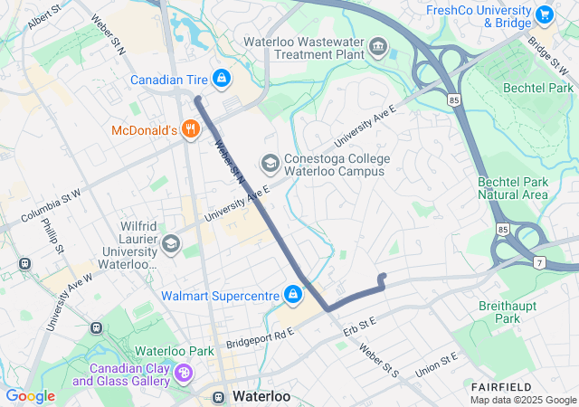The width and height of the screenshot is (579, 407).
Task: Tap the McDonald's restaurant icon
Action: tap(189, 129)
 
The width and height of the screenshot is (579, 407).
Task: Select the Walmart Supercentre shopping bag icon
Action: tap(293, 295)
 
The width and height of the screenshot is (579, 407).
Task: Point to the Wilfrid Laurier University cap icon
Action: tap(171, 243)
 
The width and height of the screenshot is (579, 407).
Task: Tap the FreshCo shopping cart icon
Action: tap(544, 14)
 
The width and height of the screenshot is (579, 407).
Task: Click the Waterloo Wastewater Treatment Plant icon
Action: tap(378, 46)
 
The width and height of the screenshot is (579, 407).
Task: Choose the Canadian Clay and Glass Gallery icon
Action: tap(184, 374)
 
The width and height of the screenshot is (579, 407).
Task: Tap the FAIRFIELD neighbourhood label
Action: tap(495, 386)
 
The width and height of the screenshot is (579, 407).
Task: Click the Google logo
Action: tap(30, 396)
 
